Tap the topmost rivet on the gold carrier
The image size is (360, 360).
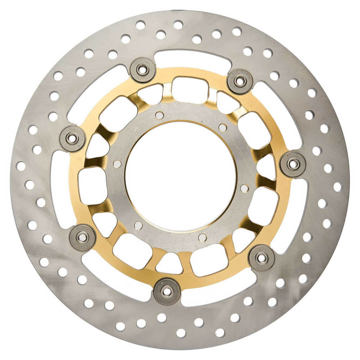pos(143,70)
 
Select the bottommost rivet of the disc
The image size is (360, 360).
pos(167,291)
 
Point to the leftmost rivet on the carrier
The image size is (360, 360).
pos(72,138)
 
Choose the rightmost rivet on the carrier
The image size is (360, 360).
pos(293,164)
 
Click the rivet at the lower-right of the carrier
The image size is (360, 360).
pos(262,258)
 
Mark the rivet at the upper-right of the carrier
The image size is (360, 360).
pos(240,81)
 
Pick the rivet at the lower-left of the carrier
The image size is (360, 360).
pos(82,238)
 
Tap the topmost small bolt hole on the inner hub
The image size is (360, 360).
pos(159,115)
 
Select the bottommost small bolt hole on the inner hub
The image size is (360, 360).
pos(203,238)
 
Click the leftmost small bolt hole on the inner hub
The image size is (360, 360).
pos(117,164)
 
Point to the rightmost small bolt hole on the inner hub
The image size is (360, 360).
pos(244,188)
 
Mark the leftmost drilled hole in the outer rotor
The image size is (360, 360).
pos(21,166)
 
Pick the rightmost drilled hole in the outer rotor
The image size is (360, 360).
pos(337,186)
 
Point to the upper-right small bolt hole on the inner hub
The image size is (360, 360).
pos(223,127)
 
